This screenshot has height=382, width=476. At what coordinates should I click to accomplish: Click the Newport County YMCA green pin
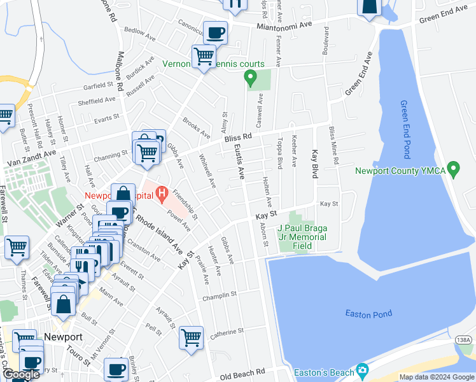tap(453, 170)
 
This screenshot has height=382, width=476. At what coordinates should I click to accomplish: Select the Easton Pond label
tap(368, 313)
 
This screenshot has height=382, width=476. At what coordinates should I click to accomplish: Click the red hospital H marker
tap(162, 191)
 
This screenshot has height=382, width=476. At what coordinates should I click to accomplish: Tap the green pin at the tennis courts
tap(250, 79)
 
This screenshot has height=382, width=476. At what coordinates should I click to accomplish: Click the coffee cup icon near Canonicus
tap(214, 32)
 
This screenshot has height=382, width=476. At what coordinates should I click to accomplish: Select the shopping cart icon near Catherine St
tap(191, 337)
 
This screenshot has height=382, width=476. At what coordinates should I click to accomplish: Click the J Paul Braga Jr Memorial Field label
tap(302, 237)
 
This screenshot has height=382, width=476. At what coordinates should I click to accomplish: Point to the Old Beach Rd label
tap(242, 374)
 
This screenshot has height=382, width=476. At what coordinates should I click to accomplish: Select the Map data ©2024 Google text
tap(437, 377)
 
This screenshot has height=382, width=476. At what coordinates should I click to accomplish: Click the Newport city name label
tap(63, 337)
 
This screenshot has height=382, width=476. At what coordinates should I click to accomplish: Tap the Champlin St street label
tap(220, 295)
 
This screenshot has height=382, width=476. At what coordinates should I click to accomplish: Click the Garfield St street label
tap(96, 85)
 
